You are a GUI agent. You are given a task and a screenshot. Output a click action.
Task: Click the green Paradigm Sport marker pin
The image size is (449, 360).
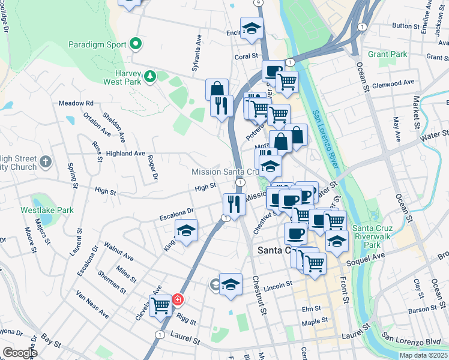click(136, 44)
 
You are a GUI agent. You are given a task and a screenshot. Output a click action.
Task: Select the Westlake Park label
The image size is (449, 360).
click(47, 211)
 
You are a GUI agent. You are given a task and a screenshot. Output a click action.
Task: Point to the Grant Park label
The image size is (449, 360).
click(387, 54)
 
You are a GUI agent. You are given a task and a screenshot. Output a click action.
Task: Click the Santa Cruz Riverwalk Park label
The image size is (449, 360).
click(374, 236)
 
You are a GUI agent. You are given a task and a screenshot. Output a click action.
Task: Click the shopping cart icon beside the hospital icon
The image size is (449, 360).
click(161, 305)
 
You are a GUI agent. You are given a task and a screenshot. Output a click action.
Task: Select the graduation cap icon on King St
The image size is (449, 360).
click(186, 230)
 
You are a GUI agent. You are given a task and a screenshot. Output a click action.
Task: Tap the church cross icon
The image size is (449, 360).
click(46, 161)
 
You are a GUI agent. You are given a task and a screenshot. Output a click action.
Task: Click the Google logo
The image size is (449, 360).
click(19, 353)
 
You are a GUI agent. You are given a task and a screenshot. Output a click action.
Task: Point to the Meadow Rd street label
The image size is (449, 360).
click(76, 103)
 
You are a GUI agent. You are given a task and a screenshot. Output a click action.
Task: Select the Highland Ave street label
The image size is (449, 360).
click(125, 154)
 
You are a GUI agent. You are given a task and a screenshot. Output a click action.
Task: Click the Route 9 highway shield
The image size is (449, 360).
click(258, 2)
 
